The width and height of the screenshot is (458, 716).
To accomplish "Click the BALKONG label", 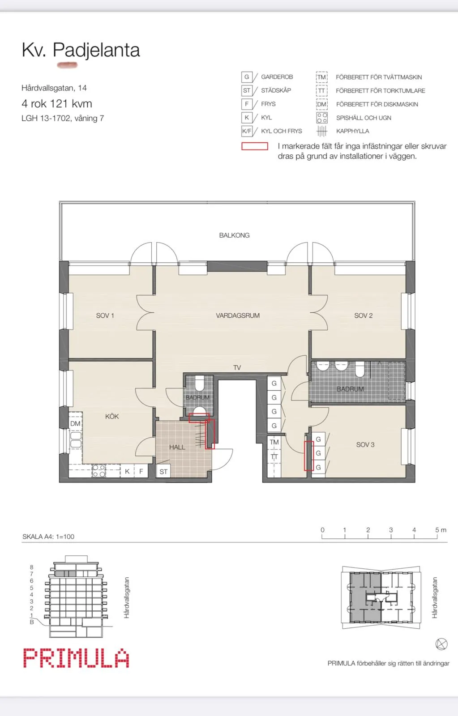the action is (x=234, y=235).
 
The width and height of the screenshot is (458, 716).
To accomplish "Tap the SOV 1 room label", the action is (x=105, y=315).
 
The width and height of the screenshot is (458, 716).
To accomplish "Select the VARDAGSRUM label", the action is (x=238, y=315).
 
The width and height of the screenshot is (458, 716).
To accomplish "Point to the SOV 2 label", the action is (x=364, y=315).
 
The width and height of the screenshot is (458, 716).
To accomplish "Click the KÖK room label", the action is (x=112, y=416).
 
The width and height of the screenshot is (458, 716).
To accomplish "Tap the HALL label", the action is (x=177, y=447).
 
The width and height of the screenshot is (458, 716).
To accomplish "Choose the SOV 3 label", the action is (x=365, y=445).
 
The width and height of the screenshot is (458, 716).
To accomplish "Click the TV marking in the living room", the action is (x=237, y=367).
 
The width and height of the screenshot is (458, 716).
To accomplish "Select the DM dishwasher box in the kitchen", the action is (x=75, y=423).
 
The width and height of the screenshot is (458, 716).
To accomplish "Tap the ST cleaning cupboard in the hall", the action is (x=163, y=472).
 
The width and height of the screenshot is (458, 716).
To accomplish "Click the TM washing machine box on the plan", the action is (x=274, y=442).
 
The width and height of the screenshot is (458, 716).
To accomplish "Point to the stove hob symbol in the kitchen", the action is (x=99, y=471).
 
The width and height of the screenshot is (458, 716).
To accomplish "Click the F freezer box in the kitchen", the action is (x=141, y=471).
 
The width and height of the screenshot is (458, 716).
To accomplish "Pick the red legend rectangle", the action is (x=255, y=146).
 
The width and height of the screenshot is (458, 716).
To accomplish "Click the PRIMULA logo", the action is (x=76, y=658).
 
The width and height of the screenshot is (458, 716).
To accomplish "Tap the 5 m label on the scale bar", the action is (x=441, y=530).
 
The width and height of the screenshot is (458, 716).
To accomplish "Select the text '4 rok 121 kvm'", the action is (x=57, y=103).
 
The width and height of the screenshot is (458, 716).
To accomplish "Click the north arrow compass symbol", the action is (x=441, y=644).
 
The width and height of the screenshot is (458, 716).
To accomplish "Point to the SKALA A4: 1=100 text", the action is (x=48, y=537).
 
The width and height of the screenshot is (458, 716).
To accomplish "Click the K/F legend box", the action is (x=247, y=131).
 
